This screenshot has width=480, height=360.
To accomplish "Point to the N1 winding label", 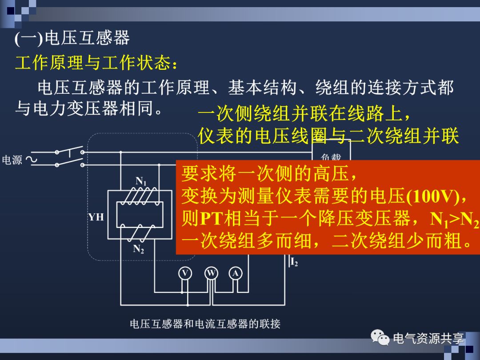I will (x=141, y=181).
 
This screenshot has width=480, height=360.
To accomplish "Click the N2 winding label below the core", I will (x=139, y=249).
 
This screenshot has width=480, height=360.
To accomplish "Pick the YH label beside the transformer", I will (x=96, y=217).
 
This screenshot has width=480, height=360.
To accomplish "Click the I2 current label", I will (x=294, y=263).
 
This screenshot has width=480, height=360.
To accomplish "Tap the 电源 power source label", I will (x=12, y=160).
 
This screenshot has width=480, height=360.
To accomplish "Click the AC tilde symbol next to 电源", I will (x=32, y=160).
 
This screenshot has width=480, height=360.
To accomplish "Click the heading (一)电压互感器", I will (x=72, y=39).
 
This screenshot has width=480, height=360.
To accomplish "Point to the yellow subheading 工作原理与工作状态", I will (x=96, y=64).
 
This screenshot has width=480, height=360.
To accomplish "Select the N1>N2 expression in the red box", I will (x=454, y=219).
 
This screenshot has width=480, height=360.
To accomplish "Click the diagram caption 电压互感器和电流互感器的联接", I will (x=205, y=324).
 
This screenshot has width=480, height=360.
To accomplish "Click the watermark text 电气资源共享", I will (x=428, y=339).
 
